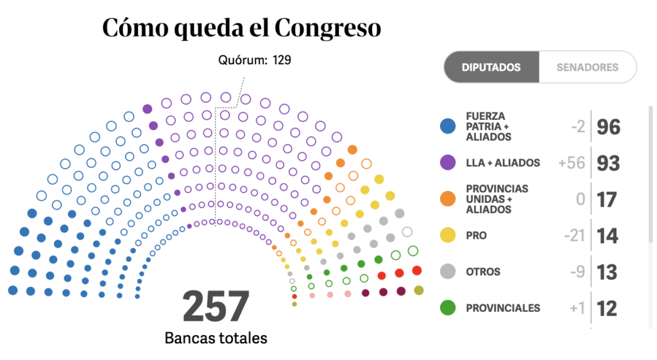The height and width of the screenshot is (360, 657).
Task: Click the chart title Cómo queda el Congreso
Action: pyautogui.click(x=241, y=28)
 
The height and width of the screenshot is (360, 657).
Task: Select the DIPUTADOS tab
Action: pyautogui.click(x=491, y=67)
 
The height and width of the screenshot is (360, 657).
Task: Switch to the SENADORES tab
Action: pyautogui.click(x=587, y=67)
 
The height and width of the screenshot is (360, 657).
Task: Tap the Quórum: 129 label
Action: pyautogui.click(x=254, y=60)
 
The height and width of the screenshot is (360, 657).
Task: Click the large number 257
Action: pyautogui.click(x=216, y=307)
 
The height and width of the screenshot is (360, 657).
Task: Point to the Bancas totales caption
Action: pyautogui.click(x=216, y=338)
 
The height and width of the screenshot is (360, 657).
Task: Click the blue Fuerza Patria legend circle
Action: pyautogui.click(x=448, y=126)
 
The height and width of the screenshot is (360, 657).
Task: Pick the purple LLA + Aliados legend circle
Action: pyautogui.click(x=448, y=163)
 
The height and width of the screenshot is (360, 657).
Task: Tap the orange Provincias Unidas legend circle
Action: pyautogui.click(x=448, y=199)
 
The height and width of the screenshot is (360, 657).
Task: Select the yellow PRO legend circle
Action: pyautogui.click(x=448, y=236)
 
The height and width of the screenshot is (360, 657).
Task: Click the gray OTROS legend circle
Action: pyautogui.click(x=448, y=271)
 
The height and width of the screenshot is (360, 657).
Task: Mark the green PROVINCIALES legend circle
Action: pyautogui.click(x=448, y=308)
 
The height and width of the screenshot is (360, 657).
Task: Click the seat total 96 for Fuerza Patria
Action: pyautogui.click(x=608, y=127)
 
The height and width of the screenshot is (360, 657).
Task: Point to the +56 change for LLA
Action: pyautogui.click(x=572, y=163)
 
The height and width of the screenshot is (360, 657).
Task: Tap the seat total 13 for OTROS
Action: pyautogui.click(x=607, y=272)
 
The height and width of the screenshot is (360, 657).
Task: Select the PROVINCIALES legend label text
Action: pyautogui.click(x=503, y=308)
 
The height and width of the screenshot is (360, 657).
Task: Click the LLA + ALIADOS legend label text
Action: pyautogui.click(x=503, y=163)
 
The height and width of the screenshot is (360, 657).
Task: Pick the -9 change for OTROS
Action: pyautogui.click(x=576, y=272)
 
